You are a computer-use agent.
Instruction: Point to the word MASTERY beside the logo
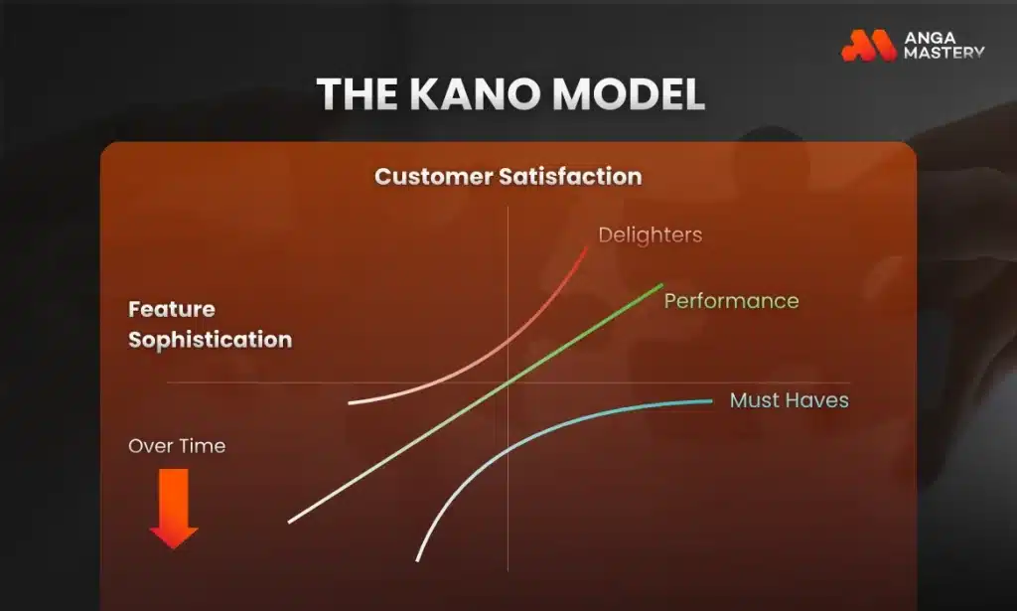coord(944,53)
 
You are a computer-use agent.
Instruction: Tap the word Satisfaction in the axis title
coord(578,177)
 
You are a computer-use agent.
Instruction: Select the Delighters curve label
coord(650,235)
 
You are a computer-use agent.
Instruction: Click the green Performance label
coord(731,300)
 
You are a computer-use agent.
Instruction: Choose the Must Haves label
coord(789,400)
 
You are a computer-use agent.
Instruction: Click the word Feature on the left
coord(172,310)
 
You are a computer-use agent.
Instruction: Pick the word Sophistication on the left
coord(210,340)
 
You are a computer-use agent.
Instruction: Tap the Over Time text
coord(177,446)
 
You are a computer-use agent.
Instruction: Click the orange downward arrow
coord(174,508)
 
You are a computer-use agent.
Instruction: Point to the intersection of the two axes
coord(508,383)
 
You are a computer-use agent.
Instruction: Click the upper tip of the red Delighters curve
coord(586,247)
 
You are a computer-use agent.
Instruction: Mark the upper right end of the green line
coord(660,285)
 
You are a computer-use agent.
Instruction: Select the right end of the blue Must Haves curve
coord(711,401)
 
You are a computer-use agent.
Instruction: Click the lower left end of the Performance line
coord(290,521)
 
